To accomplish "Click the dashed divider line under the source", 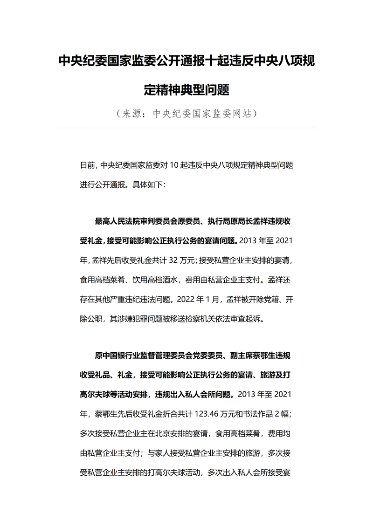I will click(186, 128).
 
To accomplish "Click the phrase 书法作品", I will click(257, 413).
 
